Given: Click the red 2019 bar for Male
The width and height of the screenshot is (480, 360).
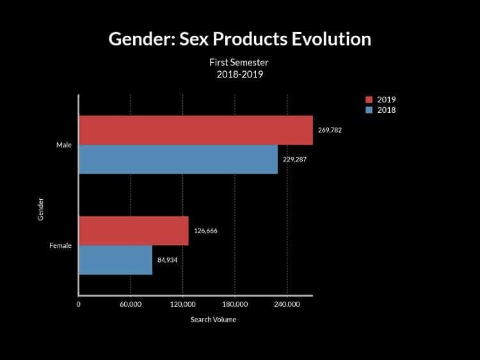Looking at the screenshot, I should (x=196, y=130).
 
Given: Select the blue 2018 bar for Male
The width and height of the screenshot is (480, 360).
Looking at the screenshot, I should (x=178, y=159).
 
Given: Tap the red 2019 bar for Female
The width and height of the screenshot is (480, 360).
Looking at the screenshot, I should (x=134, y=231).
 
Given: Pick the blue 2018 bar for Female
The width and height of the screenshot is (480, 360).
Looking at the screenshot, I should (x=115, y=260).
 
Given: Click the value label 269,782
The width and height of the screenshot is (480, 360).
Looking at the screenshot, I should (x=330, y=130).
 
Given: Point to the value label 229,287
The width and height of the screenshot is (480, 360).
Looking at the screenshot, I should (x=294, y=159).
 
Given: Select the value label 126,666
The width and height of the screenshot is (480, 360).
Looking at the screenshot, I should (x=205, y=231).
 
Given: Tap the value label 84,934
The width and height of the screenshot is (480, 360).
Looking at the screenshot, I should (x=167, y=260).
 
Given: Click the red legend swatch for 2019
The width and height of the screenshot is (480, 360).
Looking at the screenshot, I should (x=369, y=99).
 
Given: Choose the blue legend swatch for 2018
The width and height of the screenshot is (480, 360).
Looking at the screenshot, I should (x=369, y=110).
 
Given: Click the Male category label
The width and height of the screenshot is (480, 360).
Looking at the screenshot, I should (x=63, y=145).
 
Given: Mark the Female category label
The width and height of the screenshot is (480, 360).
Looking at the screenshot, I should (x=60, y=245).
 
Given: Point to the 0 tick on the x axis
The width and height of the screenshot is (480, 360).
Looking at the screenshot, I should (x=79, y=305).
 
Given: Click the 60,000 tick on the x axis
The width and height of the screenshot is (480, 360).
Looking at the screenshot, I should (x=131, y=305).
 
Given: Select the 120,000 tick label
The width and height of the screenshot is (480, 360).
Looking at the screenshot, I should (x=182, y=305).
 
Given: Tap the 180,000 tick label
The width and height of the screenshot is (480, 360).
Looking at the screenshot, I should (x=235, y=305).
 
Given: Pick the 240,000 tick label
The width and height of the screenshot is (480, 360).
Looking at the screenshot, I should (x=287, y=305).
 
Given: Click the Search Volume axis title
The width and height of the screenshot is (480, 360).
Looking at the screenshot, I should (x=213, y=320).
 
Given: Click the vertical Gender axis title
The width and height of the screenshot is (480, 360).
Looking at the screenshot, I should (x=40, y=209).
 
